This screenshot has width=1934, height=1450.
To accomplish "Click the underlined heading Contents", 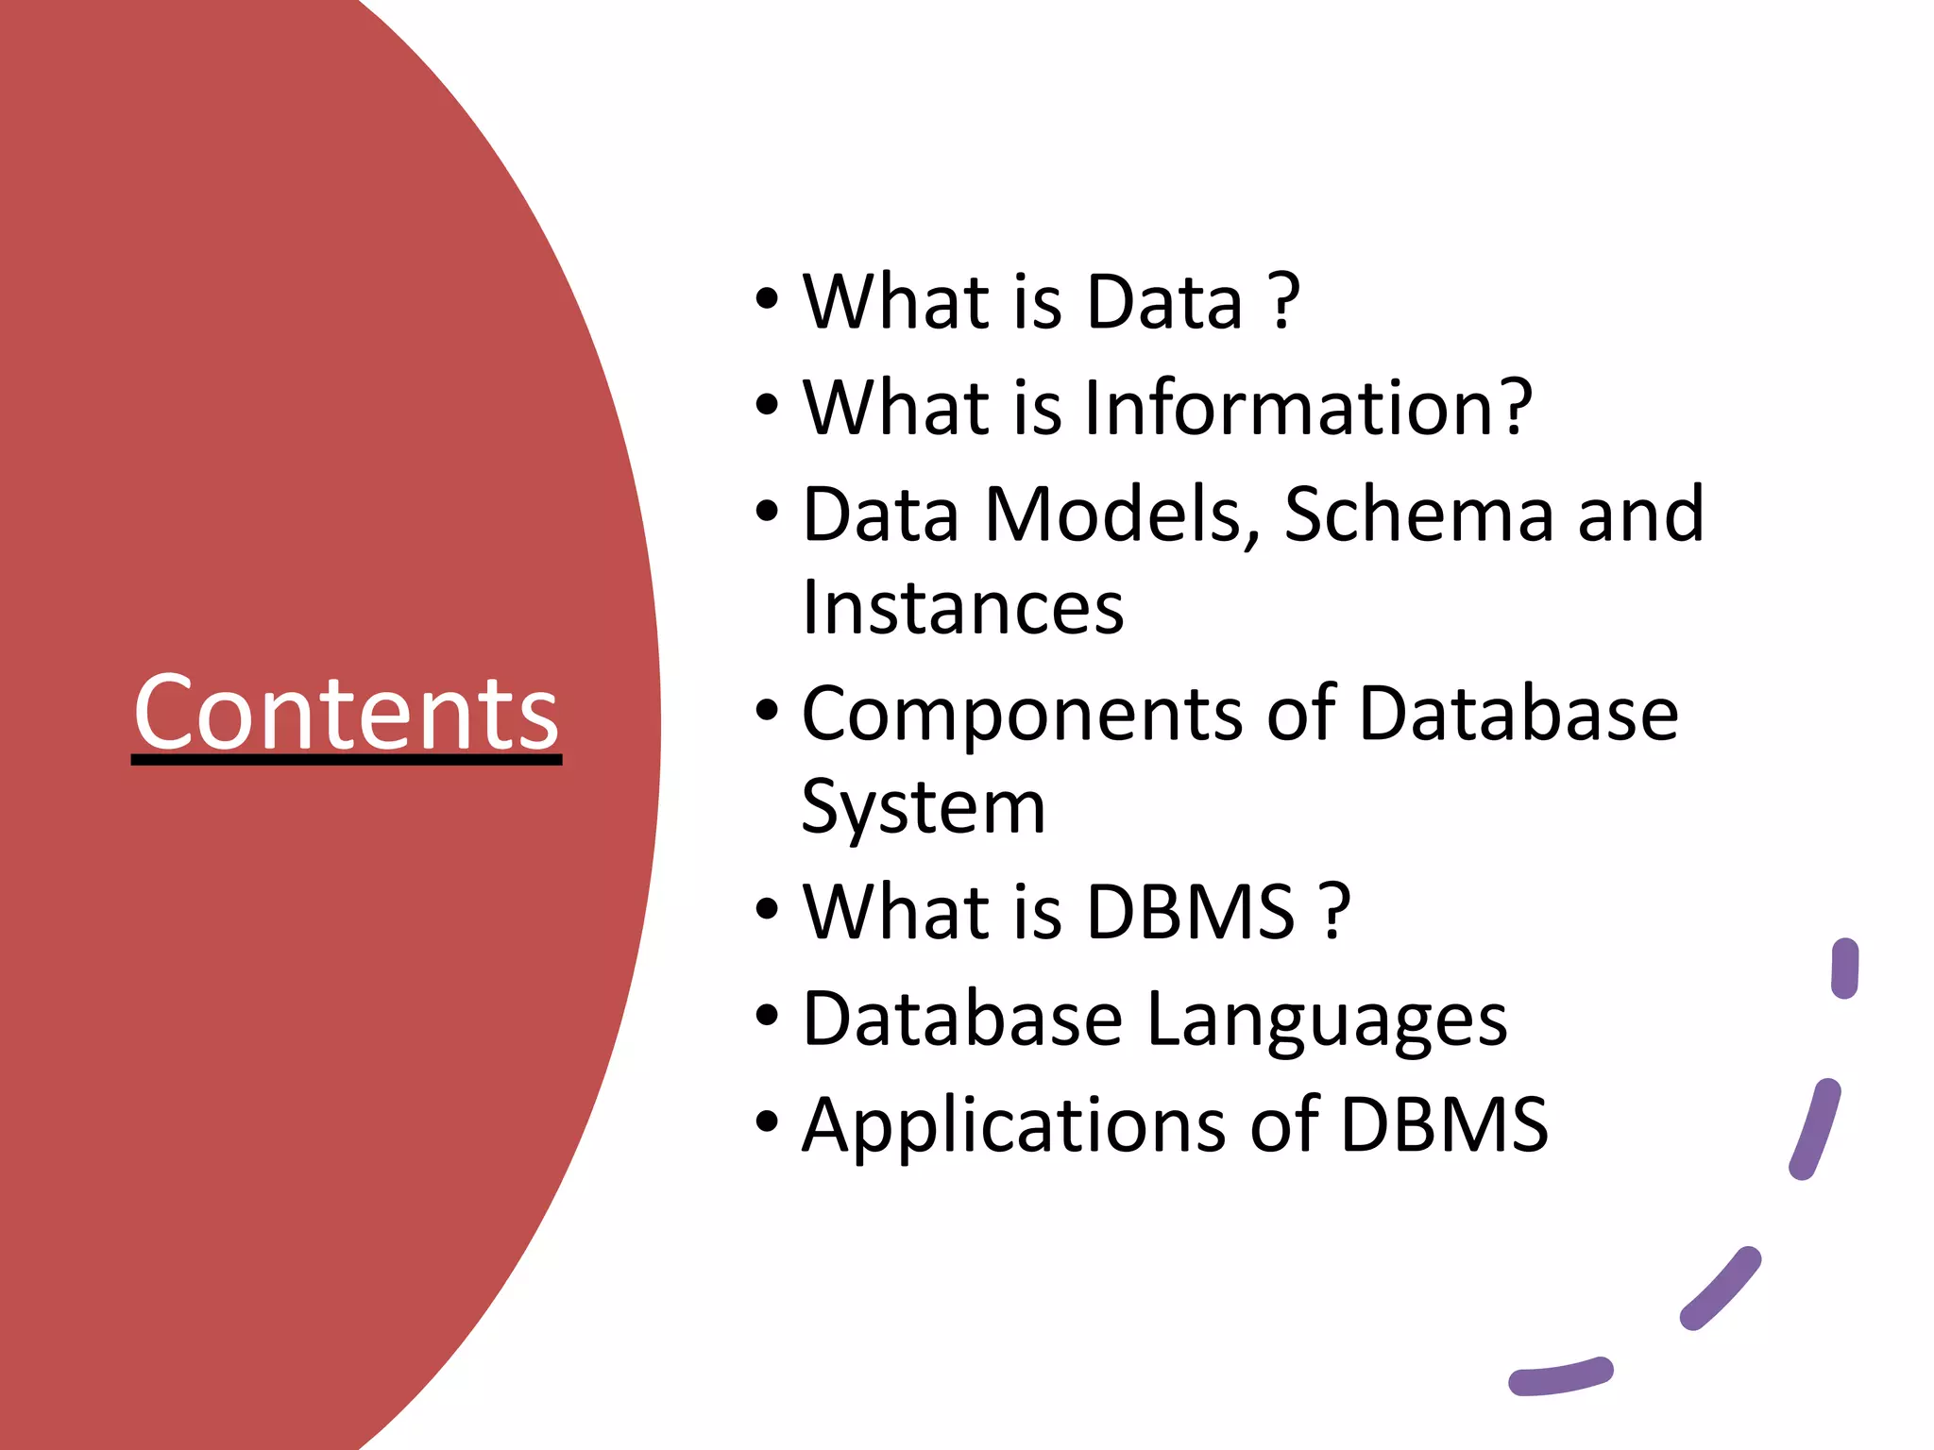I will (347, 713).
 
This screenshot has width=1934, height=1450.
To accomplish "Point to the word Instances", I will (962, 608).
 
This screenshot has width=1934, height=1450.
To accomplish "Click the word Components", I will (1022, 715).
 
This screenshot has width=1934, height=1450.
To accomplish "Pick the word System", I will (924, 808).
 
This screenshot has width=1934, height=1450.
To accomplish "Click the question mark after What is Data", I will (1284, 302).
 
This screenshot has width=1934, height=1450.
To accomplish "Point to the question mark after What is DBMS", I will (1334, 912).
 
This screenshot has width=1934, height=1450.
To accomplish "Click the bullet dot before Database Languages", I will (767, 1017).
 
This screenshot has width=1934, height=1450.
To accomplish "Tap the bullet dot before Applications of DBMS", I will (767, 1122).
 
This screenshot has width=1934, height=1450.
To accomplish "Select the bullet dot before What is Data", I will (767, 299).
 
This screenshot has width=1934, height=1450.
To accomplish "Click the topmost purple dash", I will (1844, 969).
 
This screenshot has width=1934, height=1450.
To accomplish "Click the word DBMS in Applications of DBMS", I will (1444, 1125).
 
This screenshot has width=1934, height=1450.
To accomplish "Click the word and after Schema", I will (1640, 514).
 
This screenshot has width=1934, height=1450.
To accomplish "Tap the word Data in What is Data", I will (1164, 302).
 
